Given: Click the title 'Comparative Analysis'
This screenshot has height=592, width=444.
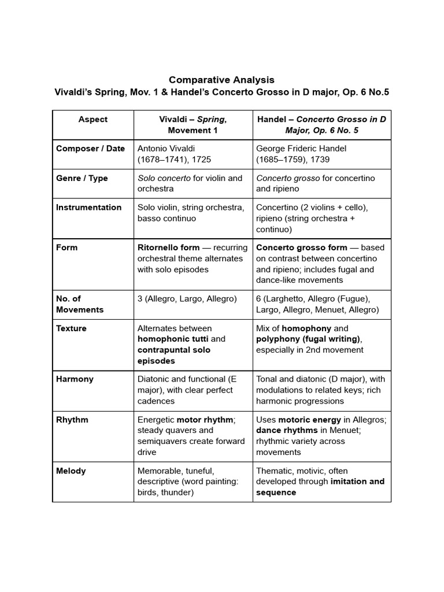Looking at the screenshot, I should (x=221, y=80).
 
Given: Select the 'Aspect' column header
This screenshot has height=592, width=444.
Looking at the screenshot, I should (x=93, y=119).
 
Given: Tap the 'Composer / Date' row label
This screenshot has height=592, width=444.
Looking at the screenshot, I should (x=90, y=149).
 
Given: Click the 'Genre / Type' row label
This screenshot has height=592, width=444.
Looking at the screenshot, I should (x=82, y=178).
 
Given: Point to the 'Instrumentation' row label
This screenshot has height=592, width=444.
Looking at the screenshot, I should (x=88, y=208).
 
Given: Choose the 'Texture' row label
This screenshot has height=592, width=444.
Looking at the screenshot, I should (x=71, y=328).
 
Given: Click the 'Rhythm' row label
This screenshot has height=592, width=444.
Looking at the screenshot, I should (x=72, y=420).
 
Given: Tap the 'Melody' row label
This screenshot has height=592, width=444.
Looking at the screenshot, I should (x=71, y=471).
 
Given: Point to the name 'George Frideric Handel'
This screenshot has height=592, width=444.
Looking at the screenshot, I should (x=301, y=149).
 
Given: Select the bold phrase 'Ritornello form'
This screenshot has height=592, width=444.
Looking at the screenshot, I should (x=168, y=247).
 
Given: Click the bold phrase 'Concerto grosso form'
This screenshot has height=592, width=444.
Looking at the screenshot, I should (x=302, y=247).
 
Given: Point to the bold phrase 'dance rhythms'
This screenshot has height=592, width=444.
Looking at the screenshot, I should (x=287, y=430).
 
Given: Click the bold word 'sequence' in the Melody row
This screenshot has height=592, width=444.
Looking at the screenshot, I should (x=276, y=493).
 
